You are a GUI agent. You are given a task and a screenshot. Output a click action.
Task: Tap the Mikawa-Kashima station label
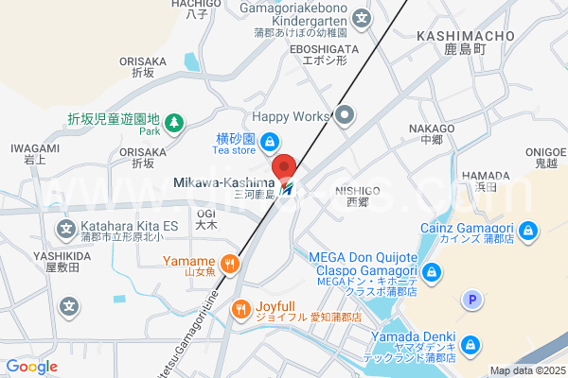tap(224, 182)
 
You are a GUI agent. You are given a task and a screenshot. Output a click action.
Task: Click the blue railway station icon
tap(288, 185)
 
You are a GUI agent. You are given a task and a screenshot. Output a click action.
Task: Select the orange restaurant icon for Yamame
tap(228, 262)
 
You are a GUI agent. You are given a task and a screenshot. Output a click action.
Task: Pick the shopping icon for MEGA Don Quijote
tap(433, 273)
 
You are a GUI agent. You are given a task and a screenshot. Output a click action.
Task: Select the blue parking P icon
tap(470, 301)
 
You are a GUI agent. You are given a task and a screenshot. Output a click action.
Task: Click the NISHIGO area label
tap(358, 190)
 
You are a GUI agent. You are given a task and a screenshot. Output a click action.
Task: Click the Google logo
tap(31, 366)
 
